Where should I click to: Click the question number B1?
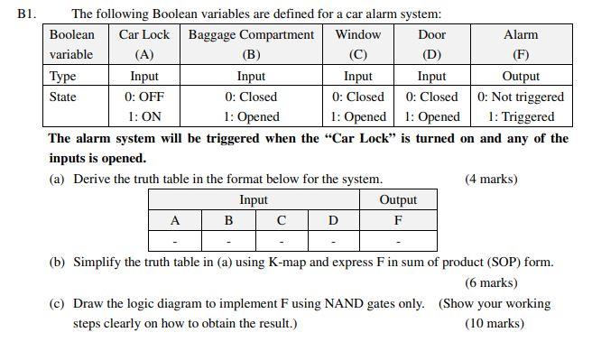(x=24, y=14)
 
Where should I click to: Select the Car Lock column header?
(x=143, y=35)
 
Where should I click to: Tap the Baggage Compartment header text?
(x=251, y=35)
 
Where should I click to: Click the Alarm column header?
(x=520, y=35)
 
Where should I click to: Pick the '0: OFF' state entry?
(x=143, y=97)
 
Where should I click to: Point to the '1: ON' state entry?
(x=143, y=116)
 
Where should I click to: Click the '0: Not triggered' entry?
(x=520, y=97)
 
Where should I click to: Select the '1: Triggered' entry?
(x=521, y=116)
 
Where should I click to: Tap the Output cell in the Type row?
(x=520, y=77)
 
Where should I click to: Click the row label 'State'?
(x=62, y=97)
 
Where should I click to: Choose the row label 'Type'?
(x=62, y=77)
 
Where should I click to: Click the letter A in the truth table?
(x=175, y=220)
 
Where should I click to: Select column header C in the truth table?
(x=281, y=220)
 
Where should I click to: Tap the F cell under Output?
(x=398, y=220)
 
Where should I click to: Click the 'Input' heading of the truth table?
(x=254, y=199)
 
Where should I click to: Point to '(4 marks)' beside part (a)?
(x=491, y=179)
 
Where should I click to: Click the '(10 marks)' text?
(x=494, y=323)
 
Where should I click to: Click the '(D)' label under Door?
(x=431, y=54)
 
